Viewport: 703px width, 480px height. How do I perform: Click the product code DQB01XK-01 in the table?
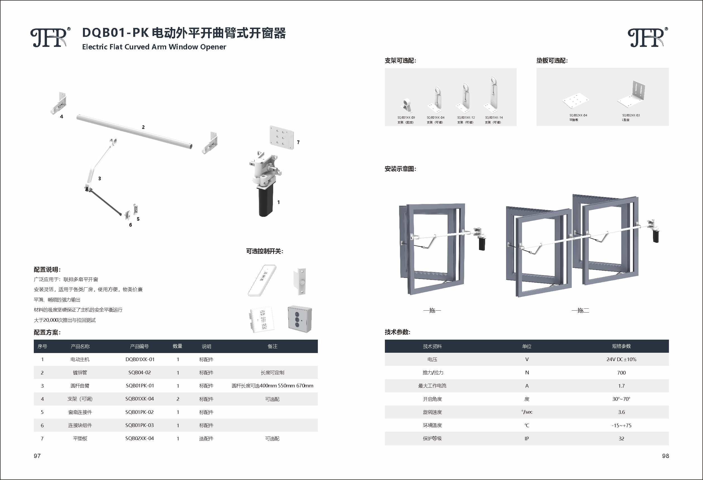[140, 359]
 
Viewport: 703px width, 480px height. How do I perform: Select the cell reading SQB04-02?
[139, 372]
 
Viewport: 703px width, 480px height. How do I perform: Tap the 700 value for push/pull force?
[621, 373]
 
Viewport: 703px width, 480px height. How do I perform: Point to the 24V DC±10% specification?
[621, 359]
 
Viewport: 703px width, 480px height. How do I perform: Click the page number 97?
[37, 456]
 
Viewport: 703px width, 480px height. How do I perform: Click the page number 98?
[665, 456]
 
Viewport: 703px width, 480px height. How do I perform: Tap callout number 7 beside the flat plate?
[298, 142]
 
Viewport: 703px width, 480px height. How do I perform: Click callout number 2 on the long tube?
[143, 127]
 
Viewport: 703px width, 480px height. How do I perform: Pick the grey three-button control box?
[299, 319]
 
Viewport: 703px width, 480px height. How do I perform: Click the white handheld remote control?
[262, 280]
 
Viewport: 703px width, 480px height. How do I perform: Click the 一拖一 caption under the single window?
[432, 310]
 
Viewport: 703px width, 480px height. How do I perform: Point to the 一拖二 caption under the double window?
[580, 310]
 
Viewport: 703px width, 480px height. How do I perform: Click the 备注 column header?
[272, 346]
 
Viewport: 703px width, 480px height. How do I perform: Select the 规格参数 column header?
[621, 346]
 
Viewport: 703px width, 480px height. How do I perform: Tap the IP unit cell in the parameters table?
[527, 439]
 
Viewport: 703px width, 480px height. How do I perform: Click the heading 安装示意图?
[400, 169]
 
